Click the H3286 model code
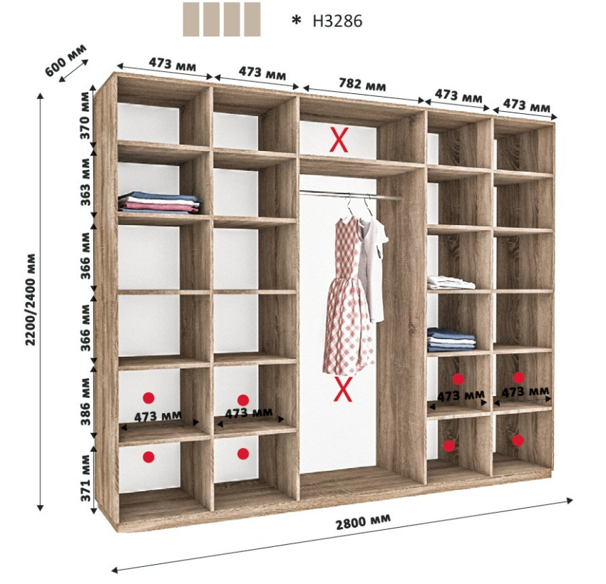point(337,21)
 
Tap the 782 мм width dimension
point(362,85)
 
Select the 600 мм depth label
point(66,61)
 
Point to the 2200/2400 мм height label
point(30,300)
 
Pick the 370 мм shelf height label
point(85,115)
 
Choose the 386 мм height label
point(86,402)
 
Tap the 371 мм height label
point(86,478)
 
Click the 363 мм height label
point(85,182)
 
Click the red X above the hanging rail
point(339,140)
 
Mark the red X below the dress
point(343,389)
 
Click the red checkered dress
point(348,296)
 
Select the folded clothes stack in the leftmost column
point(159,202)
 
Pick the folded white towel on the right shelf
point(451,282)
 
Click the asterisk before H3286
point(296,21)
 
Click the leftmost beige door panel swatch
point(191,19)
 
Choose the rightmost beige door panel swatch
point(252,19)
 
